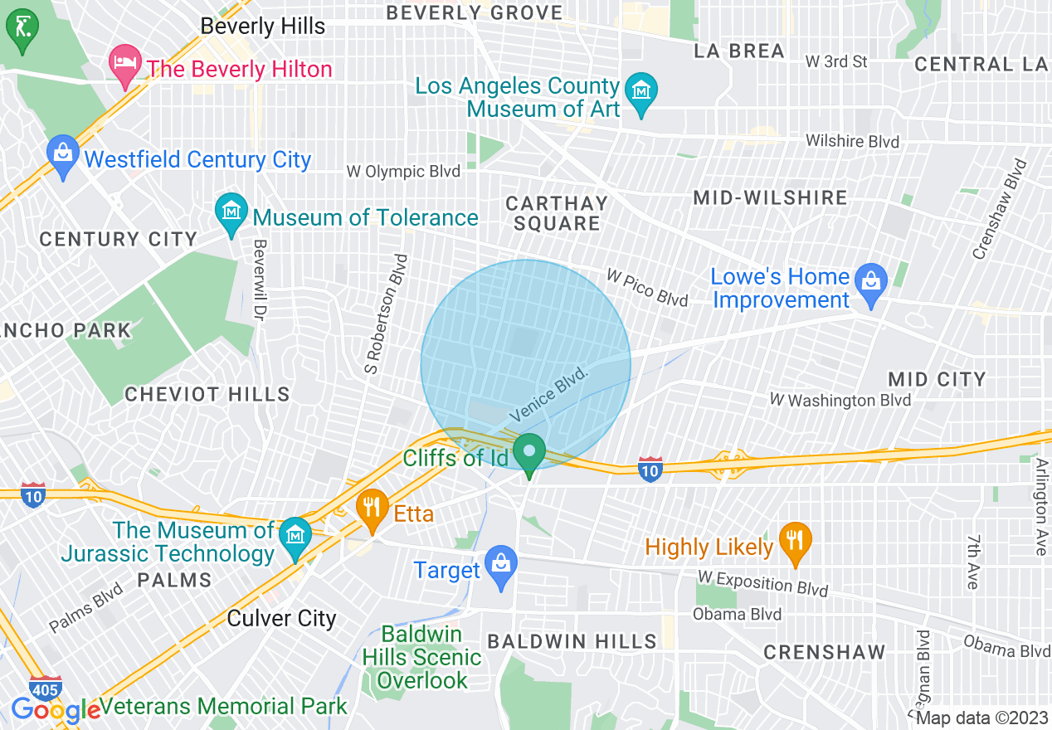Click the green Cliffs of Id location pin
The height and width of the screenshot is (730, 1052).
(x=528, y=454)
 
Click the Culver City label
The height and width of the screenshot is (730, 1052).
(x=281, y=619)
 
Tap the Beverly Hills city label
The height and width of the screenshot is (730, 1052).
(x=263, y=26)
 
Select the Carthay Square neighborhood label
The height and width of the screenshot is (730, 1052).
(x=557, y=213)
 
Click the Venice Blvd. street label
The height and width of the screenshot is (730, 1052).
(x=549, y=394)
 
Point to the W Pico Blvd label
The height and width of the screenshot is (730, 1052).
(x=647, y=287)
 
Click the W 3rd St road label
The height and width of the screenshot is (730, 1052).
(x=836, y=61)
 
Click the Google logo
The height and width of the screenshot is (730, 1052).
(x=55, y=710)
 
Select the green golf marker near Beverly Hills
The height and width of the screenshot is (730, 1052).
(x=22, y=30)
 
